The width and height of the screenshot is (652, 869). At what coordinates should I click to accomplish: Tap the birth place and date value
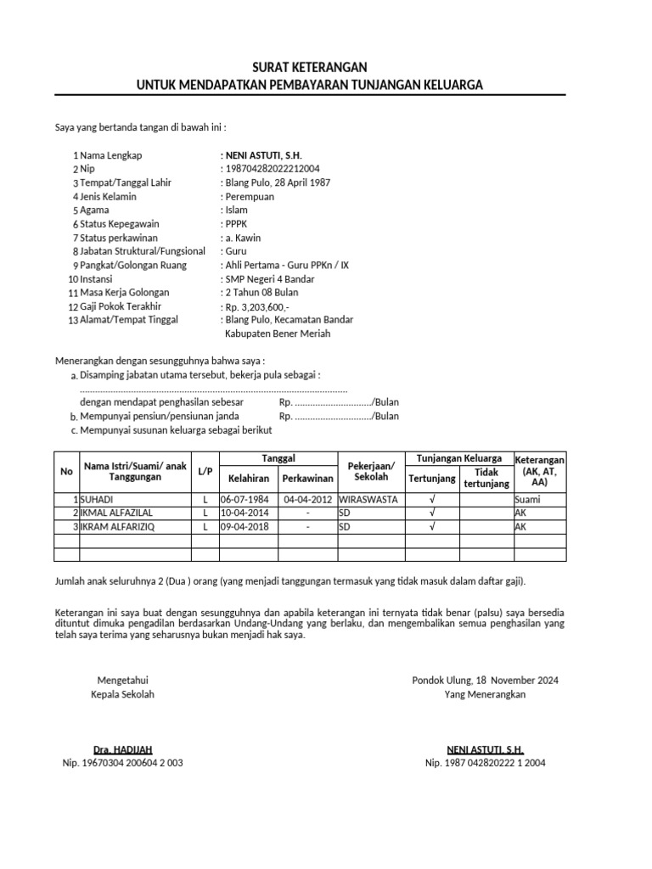pos(278,182)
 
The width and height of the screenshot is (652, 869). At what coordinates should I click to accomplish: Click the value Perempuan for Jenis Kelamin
pos(252,196)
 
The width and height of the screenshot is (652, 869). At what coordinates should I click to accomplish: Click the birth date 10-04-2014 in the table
pos(244,513)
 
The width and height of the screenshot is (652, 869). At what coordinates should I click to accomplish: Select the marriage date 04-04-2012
pos(307,500)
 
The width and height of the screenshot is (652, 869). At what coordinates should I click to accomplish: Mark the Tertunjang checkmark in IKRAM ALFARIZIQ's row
pos(432,527)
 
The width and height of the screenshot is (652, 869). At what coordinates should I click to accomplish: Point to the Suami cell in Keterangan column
pos(527,500)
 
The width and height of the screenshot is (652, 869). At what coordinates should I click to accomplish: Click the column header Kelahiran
pos(248,479)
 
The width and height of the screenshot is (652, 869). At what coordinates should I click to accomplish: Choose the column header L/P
pos(205,471)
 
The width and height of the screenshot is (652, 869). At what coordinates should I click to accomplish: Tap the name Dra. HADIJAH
pos(122,749)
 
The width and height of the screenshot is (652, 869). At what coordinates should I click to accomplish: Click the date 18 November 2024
pos(517,681)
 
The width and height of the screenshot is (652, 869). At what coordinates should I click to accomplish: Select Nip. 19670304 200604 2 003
pos(122,763)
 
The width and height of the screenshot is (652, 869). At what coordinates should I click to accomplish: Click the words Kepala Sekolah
pos(122,694)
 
